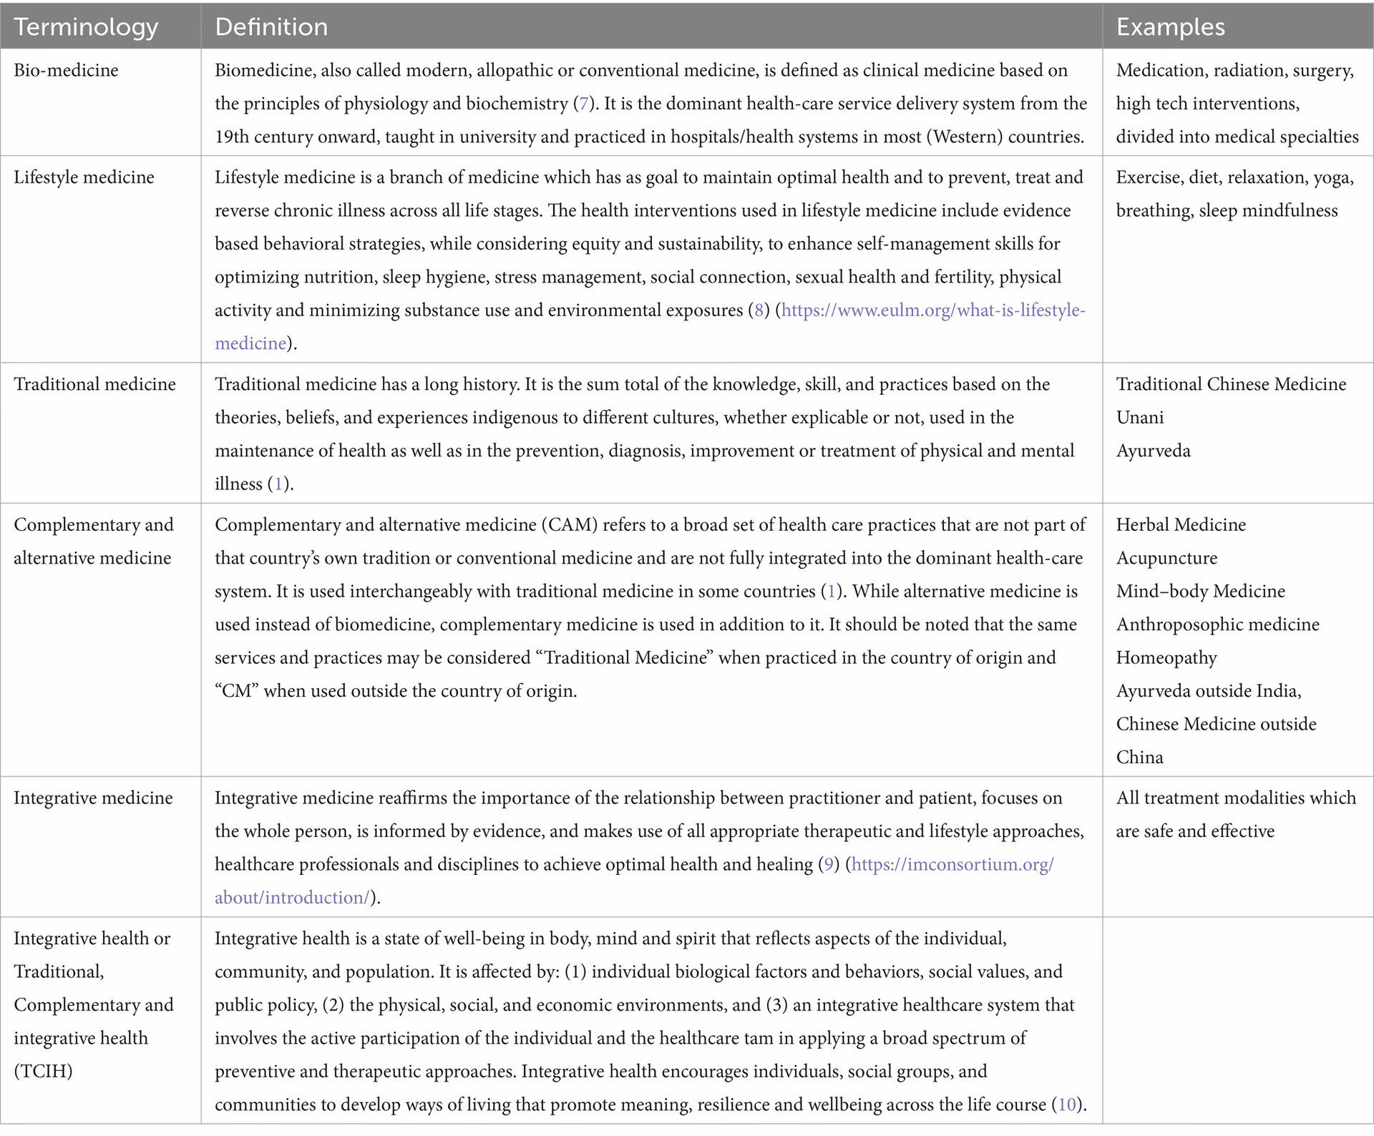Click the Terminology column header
86,27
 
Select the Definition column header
271,27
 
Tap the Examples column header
1170,27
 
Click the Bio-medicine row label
66,70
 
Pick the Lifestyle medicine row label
84,177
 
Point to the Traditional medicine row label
94,384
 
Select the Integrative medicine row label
93,798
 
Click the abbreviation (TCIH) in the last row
43,1071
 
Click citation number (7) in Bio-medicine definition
583,104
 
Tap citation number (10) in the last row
1066,1105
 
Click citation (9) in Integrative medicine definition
829,864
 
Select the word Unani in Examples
1139,418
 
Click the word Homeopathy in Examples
1166,657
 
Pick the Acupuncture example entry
1166,558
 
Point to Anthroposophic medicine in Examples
1217,625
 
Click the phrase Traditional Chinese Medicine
1231,384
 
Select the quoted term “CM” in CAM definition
236,691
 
